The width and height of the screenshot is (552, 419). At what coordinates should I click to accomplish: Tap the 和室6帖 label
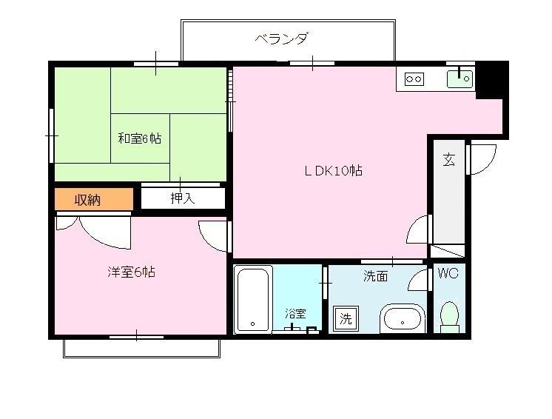(139, 138)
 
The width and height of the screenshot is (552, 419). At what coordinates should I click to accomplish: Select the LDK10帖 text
(333, 170)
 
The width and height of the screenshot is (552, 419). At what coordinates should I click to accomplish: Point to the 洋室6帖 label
(131, 272)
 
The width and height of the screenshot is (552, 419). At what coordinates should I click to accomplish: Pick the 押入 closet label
(182, 198)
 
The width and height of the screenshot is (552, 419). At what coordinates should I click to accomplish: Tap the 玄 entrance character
(448, 158)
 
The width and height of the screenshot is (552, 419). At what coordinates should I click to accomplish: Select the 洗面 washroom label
(375, 276)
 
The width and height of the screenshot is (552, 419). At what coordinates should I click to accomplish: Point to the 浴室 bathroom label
(295, 313)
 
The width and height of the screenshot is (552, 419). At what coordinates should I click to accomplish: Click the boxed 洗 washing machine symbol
(346, 319)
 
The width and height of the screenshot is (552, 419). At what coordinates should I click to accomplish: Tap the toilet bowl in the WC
(449, 315)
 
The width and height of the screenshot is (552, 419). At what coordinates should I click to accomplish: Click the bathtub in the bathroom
(253, 300)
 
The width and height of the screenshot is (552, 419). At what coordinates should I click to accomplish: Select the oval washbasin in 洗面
(403, 319)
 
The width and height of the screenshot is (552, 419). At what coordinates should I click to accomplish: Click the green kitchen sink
(460, 78)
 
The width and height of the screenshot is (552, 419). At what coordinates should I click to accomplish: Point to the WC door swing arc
(420, 281)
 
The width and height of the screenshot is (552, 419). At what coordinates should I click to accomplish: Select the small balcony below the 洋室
(141, 348)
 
